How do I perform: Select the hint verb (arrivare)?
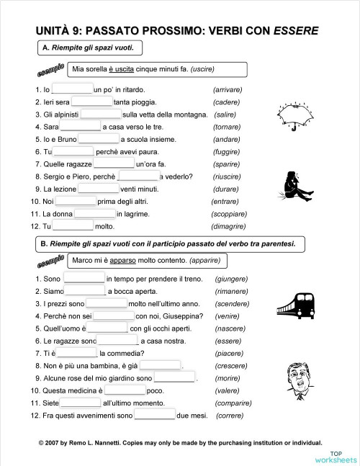tap(228, 89)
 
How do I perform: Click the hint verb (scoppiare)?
tap(229, 214)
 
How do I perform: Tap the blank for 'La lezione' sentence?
tap(99, 189)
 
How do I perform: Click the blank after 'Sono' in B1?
tap(84, 279)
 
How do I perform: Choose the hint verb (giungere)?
tap(231, 279)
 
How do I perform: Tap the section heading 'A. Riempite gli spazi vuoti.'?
tap(89, 48)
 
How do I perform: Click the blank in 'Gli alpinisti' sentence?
tap(101, 114)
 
